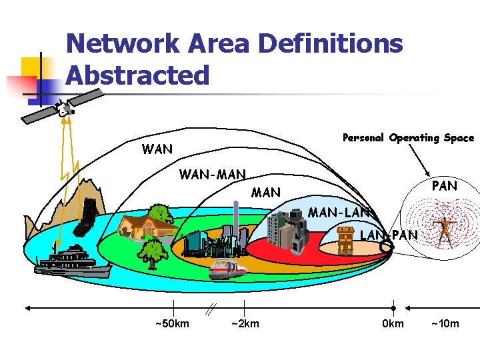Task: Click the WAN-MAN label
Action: click(213, 175)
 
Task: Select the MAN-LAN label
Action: click(339, 213)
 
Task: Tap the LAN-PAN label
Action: click(389, 235)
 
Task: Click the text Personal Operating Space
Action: click(408, 138)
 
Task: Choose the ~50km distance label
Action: click(172, 324)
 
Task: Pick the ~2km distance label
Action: click(245, 324)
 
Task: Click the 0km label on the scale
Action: click(393, 324)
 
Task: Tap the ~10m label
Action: click(445, 324)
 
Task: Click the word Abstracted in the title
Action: click(137, 75)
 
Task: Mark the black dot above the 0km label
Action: click(393, 309)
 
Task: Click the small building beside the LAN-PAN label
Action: click(345, 240)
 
